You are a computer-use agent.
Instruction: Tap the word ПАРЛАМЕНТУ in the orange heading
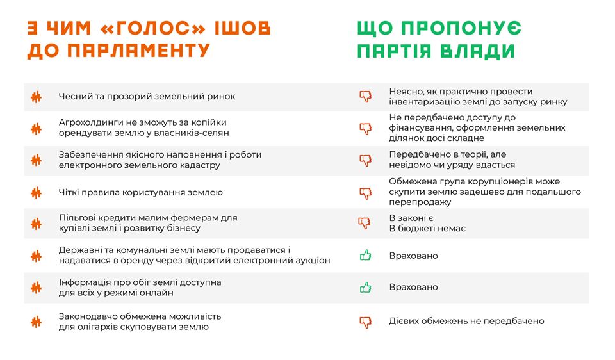click(138, 51)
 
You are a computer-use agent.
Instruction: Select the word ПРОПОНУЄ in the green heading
click(461, 28)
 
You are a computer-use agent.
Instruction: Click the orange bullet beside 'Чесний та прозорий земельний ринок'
click(36, 97)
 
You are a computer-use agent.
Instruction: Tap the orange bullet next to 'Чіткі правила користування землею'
click(36, 193)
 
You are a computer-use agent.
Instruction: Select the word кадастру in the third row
click(201, 165)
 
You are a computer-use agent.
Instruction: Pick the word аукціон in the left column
click(313, 261)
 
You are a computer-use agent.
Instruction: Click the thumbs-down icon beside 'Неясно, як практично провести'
click(366, 97)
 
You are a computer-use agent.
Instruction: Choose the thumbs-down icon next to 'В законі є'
click(365, 223)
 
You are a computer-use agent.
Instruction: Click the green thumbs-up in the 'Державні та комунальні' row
click(366, 256)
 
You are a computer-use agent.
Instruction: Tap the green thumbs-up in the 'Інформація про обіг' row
click(366, 288)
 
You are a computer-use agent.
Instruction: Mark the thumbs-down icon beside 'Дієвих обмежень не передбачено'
click(366, 322)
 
